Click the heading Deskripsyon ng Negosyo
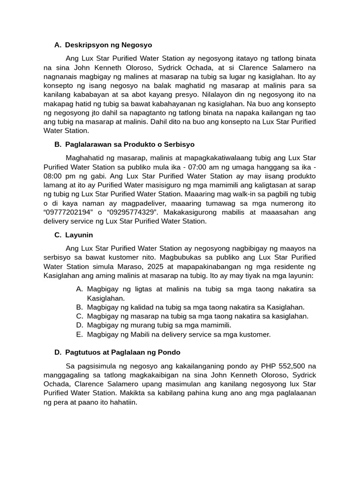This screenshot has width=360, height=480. tap(108, 45)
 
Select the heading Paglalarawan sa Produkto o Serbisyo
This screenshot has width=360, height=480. tap(130, 144)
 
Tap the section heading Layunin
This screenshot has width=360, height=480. tap(79, 235)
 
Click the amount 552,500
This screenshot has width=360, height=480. tap(281, 366)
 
